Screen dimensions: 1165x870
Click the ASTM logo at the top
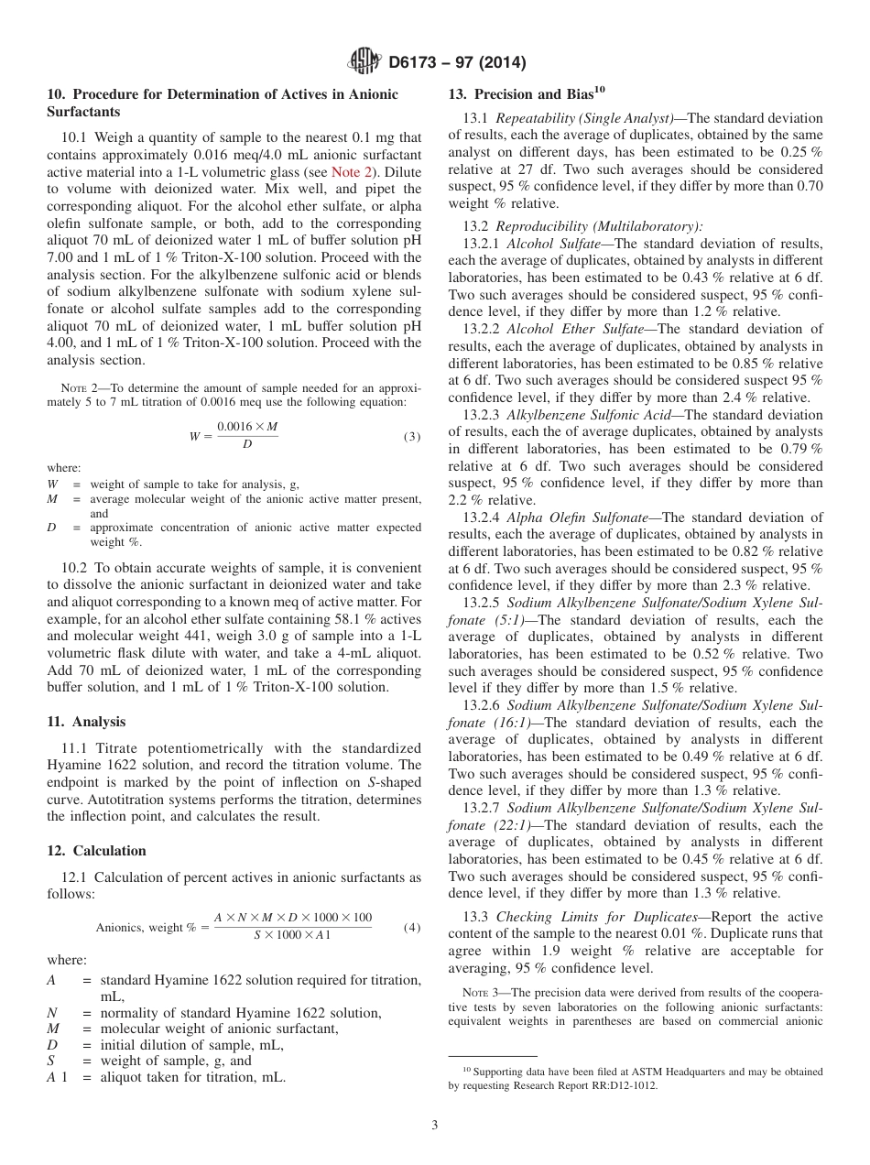point(365,62)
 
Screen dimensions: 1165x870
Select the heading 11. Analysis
point(86,722)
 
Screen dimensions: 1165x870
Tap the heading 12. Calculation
point(96,850)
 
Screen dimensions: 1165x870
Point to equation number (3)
point(412,437)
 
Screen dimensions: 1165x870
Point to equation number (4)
point(412,927)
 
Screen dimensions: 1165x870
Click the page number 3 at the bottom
point(435,1126)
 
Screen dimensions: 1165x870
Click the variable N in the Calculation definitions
point(51,1013)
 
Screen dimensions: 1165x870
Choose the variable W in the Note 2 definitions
point(52,484)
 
